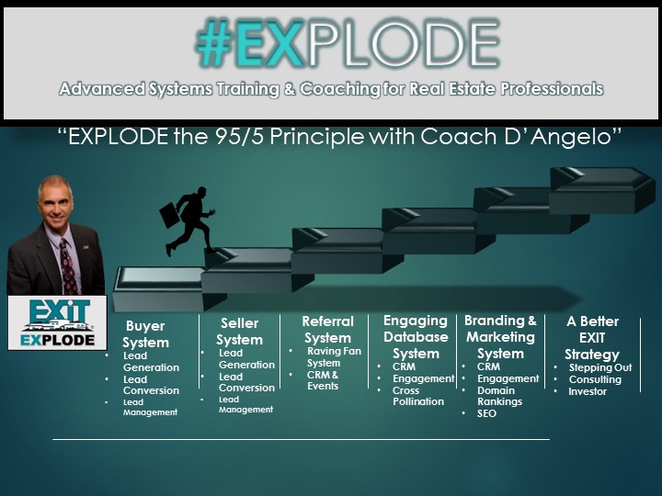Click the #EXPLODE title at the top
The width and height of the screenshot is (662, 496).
pos(348,43)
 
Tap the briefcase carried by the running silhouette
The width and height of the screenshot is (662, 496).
pos(170,215)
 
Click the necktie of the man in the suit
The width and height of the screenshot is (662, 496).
pos(68,266)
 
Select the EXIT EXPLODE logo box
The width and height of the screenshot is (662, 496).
pos(57,322)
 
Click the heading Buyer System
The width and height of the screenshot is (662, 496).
pos(145,334)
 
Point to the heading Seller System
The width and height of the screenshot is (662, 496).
pos(239,332)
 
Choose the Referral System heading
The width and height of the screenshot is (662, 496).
pos(327,330)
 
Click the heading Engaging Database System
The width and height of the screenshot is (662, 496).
pos(416,336)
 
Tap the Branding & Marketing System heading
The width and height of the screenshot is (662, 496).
pos(500,336)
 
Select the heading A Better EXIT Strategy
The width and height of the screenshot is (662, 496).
pos(592,337)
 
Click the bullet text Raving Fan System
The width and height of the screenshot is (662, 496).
pos(334,356)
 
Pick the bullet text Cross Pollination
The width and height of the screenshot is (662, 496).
pos(418,396)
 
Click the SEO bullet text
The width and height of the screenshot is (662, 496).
pos(486,413)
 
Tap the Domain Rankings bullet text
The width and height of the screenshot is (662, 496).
pos(499,396)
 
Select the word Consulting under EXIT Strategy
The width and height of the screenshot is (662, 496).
pos(595,379)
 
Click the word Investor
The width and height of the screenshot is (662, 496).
pos(588,391)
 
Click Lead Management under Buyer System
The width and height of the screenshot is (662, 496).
pos(150,407)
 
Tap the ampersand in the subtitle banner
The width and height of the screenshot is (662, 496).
pos(290,89)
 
